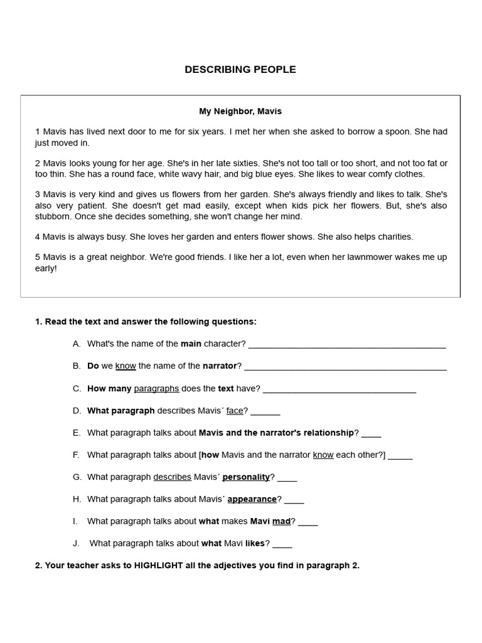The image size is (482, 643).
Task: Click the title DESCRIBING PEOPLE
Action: [x=240, y=70]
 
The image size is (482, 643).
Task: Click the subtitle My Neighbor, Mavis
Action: [x=240, y=111]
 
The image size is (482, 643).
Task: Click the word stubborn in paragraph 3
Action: [x=53, y=217]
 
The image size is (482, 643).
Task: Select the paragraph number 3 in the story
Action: [x=38, y=195]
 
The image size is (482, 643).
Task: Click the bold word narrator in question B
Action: [x=220, y=366]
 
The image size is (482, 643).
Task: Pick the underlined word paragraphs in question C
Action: [x=156, y=389]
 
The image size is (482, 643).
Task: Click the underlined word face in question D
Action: [x=235, y=411]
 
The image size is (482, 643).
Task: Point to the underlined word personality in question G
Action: [x=246, y=477]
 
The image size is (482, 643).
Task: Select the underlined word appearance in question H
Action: [x=252, y=499]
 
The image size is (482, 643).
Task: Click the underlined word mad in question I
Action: [x=281, y=521]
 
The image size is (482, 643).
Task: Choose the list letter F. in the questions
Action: [x=76, y=455]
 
